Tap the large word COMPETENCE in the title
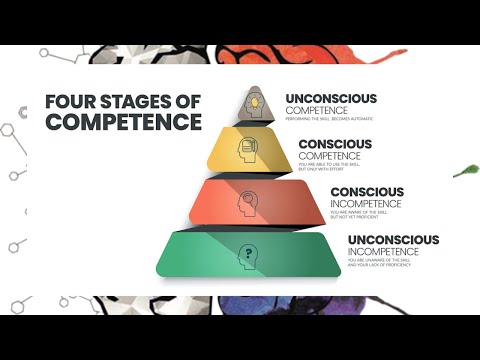coord(123,122)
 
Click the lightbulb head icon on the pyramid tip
coord(256,102)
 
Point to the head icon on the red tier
coord(247,203)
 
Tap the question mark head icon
coord(245,256)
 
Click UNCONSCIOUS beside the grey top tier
coord(331,99)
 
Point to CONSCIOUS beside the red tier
coord(367,191)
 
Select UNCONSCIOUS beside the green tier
coord(393,240)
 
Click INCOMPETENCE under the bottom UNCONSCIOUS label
coord(386,252)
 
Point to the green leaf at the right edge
coord(464,171)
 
